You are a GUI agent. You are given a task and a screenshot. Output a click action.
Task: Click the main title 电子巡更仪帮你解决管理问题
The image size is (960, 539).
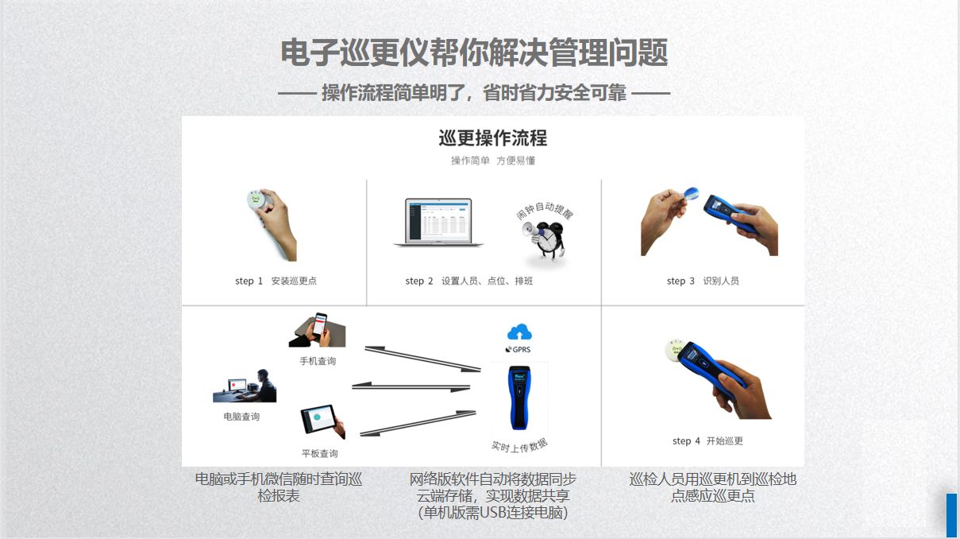tap(474, 52)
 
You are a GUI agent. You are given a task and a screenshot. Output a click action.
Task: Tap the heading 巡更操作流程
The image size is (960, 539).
tap(493, 138)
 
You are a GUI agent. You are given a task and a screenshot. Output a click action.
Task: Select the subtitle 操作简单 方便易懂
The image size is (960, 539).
tap(493, 161)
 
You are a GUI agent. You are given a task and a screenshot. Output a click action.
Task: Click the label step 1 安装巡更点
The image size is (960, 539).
tap(276, 281)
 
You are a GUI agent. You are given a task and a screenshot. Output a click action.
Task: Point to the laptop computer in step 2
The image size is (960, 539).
tap(438, 223)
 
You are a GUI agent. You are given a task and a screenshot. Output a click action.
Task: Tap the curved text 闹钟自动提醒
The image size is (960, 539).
tap(545, 210)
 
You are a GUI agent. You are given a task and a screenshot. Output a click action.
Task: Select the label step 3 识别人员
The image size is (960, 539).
tap(703, 281)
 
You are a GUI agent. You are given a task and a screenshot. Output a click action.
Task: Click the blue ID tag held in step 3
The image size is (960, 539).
tap(691, 193)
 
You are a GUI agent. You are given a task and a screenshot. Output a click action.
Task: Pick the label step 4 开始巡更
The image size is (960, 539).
tap(707, 441)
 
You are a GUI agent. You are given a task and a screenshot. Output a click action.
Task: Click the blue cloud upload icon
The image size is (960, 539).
tap(519, 332)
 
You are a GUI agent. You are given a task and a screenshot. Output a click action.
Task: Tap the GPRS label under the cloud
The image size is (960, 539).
tap(519, 349)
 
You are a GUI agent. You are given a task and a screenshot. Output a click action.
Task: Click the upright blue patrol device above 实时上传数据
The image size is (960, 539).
tap(519, 397)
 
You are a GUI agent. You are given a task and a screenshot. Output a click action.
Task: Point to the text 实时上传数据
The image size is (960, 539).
tap(519, 446)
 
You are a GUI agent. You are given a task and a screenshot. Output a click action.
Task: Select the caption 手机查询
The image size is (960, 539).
tap(318, 362)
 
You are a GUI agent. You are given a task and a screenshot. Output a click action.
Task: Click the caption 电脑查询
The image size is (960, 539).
tap(241, 417)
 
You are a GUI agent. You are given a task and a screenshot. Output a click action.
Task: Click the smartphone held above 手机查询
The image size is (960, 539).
tap(320, 324)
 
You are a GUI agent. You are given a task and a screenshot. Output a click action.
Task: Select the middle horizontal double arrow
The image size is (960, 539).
tap(411, 386)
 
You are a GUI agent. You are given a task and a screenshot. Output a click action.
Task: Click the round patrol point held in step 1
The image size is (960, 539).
tap(257, 200)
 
